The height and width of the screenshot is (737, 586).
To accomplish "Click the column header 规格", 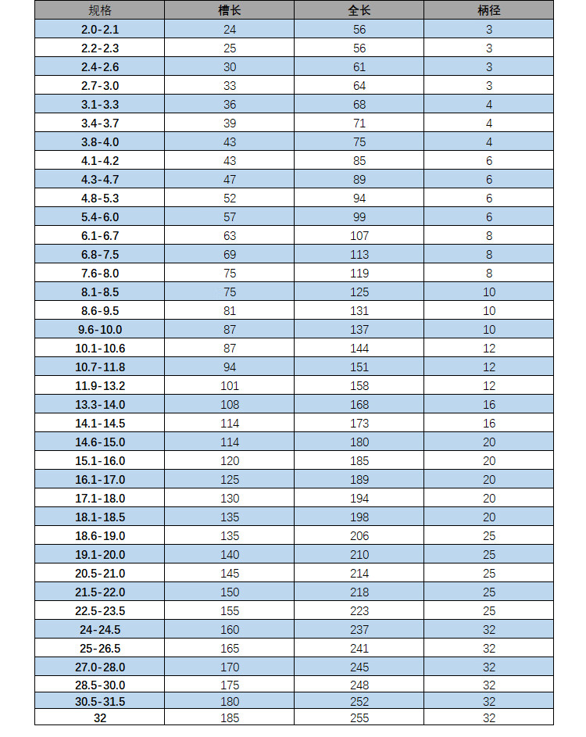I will point(99,10).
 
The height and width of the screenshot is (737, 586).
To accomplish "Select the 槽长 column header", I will point(229,10).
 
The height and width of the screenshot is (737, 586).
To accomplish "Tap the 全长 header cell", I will point(359,10).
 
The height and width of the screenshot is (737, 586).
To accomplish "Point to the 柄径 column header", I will point(488,10).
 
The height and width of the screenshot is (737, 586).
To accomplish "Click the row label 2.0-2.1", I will point(99,30).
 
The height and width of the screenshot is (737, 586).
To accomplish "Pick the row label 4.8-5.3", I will point(99,199).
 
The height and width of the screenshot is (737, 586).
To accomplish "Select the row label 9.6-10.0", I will point(99,330).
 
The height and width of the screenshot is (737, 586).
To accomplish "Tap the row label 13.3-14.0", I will point(99,405).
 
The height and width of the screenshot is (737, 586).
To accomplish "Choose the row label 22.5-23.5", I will point(99,611).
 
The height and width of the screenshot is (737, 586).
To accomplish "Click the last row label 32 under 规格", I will point(99,717).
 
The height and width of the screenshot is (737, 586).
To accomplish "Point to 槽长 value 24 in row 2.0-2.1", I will point(229,30).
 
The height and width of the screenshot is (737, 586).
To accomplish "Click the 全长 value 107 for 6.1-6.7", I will point(359,236).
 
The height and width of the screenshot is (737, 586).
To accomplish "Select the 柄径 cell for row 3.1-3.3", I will point(488,105).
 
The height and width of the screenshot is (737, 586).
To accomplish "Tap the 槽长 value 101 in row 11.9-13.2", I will point(229,386).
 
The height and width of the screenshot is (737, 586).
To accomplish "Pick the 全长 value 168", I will point(359,405).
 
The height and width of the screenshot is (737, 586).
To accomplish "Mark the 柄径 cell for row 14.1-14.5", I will point(488,424).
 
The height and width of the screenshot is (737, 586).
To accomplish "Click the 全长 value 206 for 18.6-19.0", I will point(359,536).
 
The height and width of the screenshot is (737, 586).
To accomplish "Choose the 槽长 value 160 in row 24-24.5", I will point(229,630).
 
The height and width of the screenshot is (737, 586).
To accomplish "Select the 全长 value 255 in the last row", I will point(359,717).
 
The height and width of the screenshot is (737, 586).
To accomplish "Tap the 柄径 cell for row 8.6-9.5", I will point(488,311).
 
